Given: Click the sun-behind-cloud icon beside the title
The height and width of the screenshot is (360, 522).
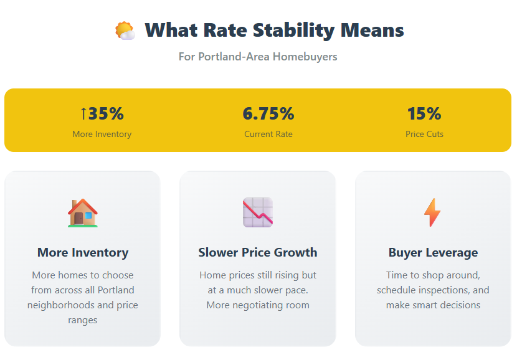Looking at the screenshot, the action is (x=125, y=31).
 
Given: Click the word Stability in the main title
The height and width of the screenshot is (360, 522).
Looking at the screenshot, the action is (x=293, y=31).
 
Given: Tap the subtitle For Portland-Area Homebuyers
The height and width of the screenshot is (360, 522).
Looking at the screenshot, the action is (x=258, y=57).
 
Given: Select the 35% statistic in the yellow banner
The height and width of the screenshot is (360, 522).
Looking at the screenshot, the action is (x=106, y=113).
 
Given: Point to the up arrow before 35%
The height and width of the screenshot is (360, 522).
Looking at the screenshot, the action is (x=83, y=113).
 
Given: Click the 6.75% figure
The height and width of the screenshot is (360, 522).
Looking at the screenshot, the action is (x=268, y=113).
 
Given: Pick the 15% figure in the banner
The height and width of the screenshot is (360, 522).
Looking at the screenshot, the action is (x=424, y=113).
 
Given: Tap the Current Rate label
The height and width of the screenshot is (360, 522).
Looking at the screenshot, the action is (x=268, y=134).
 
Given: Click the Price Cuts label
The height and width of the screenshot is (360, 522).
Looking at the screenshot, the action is (x=424, y=134).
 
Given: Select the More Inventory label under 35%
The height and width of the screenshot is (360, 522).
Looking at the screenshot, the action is (x=102, y=134).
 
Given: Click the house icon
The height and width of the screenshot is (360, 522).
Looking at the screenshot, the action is (x=83, y=213).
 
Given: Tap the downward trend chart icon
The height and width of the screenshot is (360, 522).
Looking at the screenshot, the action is (x=258, y=212).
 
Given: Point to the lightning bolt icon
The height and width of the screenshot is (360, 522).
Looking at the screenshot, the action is (x=432, y=212).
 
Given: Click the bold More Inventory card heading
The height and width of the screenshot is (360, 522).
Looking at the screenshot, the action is (x=83, y=252).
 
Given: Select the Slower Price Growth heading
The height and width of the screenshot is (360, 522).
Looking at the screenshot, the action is (x=258, y=252).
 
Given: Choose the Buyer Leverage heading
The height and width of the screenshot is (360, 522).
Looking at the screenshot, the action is (x=433, y=252).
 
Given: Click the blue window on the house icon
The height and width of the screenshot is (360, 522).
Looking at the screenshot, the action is (x=88, y=216).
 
